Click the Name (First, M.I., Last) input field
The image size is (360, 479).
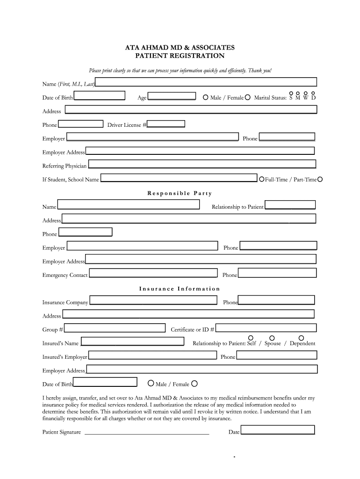coord(206,82)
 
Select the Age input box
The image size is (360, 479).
coord(172,96)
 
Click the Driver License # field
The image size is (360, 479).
coord(166,124)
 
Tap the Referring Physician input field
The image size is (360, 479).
coord(202,164)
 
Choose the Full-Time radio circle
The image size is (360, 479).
coord(262,179)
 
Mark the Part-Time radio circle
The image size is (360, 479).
coord(320,179)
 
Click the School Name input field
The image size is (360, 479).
coord(179,178)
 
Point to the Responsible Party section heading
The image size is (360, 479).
coord(180,193)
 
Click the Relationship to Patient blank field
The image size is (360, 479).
coord(290,205)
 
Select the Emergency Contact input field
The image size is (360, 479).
coord(153,273)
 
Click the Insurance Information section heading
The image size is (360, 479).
coord(180,289)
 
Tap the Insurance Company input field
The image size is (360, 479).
coord(153,300)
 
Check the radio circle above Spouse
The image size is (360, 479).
coord(272,338)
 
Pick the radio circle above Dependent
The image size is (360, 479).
coord(302,338)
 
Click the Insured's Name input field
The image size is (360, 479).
coord(133,342)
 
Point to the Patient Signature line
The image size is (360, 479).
coord(146,434)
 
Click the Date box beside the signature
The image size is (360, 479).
coord(278,430)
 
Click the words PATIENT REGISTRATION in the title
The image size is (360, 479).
coord(180,56)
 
